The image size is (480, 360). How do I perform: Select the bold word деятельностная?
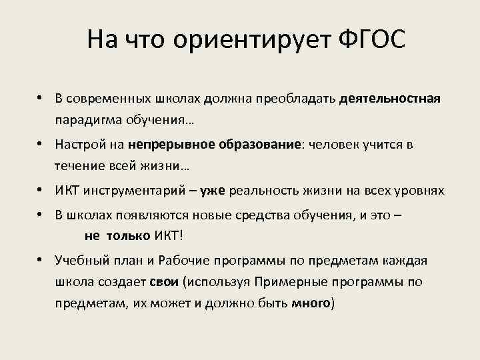pyautogui.click(x=390, y=99)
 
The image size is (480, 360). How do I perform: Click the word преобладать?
pyautogui.click(x=301, y=99)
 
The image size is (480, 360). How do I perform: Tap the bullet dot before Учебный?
pyautogui.click(x=41, y=260)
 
